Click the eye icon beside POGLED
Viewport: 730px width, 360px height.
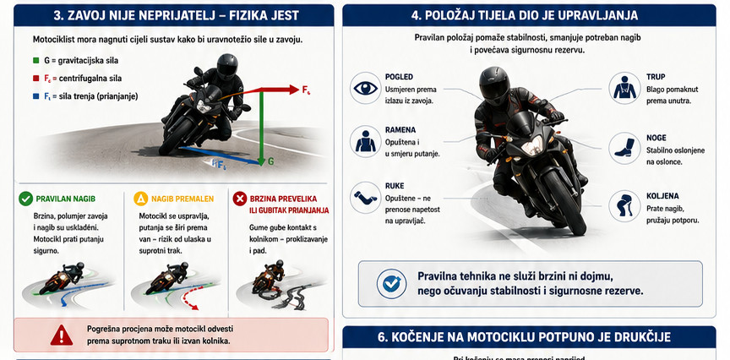click(366, 88)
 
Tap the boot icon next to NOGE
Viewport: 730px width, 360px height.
click(624, 148)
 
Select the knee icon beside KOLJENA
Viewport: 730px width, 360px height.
click(624, 205)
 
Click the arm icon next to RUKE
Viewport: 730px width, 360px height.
click(366, 198)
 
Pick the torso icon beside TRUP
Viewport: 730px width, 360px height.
click(624, 88)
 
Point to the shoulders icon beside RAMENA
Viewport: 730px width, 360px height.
click(366, 141)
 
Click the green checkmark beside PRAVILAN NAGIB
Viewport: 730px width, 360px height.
click(25, 199)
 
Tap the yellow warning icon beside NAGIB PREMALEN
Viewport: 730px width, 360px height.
click(140, 199)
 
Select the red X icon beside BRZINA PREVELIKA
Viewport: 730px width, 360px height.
click(240, 199)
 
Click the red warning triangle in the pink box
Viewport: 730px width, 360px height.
click(62, 335)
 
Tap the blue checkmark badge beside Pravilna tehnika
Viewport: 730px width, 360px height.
click(391, 284)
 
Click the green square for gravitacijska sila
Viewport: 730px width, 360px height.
click(35, 61)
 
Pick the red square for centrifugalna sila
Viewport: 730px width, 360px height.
click(35, 79)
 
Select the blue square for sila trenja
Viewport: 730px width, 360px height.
click(35, 96)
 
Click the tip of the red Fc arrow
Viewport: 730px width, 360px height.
click(298, 90)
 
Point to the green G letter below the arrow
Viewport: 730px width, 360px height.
click(271, 161)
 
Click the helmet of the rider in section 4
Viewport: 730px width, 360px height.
click(494, 85)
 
